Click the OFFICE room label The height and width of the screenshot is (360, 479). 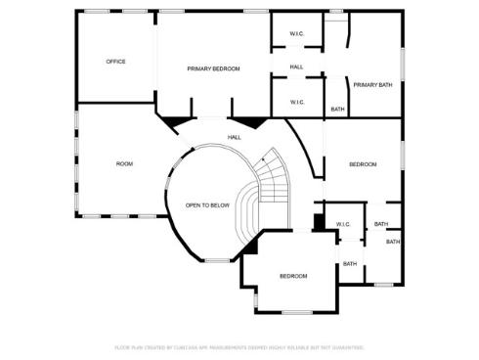click(x=115, y=62)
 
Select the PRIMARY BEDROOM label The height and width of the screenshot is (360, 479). click(x=213, y=68)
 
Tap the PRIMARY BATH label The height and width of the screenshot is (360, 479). click(x=372, y=85)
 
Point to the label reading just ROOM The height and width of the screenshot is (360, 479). click(x=124, y=163)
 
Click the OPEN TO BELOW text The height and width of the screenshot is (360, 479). click(x=207, y=205)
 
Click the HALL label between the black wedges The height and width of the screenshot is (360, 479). click(x=235, y=137)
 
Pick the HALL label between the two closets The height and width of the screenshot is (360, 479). click(x=296, y=67)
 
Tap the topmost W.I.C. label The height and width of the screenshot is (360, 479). click(x=296, y=35)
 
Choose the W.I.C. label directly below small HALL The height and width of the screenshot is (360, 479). click(x=296, y=102)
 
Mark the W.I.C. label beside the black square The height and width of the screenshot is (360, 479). click(x=343, y=224)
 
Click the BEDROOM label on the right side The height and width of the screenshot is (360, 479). click(x=363, y=164)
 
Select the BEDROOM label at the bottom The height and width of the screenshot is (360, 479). click(x=293, y=276)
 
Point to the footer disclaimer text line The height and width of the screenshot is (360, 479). click(x=239, y=347)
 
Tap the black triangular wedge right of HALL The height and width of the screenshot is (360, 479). click(x=256, y=122)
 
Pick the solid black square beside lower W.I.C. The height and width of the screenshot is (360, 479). click(x=319, y=223)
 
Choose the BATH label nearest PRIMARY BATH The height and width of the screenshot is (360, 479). click(x=337, y=110)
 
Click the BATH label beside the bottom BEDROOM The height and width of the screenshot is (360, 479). click(x=349, y=263)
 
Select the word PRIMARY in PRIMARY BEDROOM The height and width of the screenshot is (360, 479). click(x=200, y=68)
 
